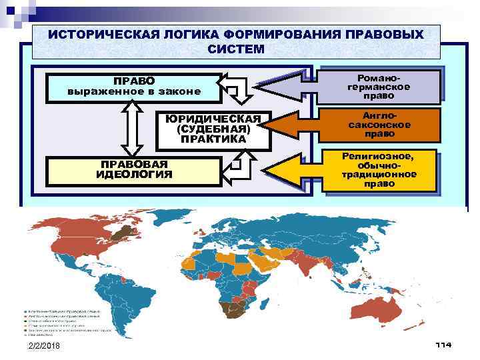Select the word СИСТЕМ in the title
coord(235,49)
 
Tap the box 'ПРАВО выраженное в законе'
coord(133,87)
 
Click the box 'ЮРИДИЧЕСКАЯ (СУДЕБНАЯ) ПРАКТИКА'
coord(213,129)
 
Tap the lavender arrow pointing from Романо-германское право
coord(287,87)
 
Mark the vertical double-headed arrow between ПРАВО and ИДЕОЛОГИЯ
coord(131,129)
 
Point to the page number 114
coord(443,345)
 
